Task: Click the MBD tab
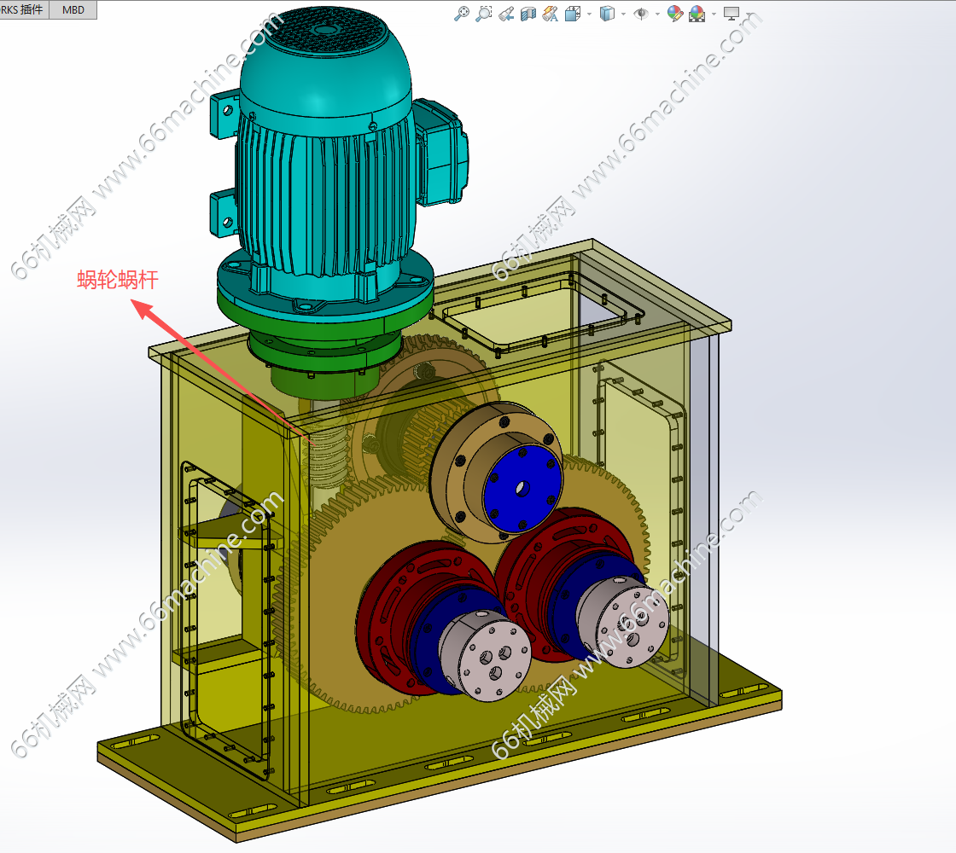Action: (x=73, y=9)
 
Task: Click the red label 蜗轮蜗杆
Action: (x=118, y=280)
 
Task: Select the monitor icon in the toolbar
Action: (x=731, y=14)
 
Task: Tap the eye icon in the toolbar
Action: (x=641, y=14)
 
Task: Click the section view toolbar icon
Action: (x=528, y=14)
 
